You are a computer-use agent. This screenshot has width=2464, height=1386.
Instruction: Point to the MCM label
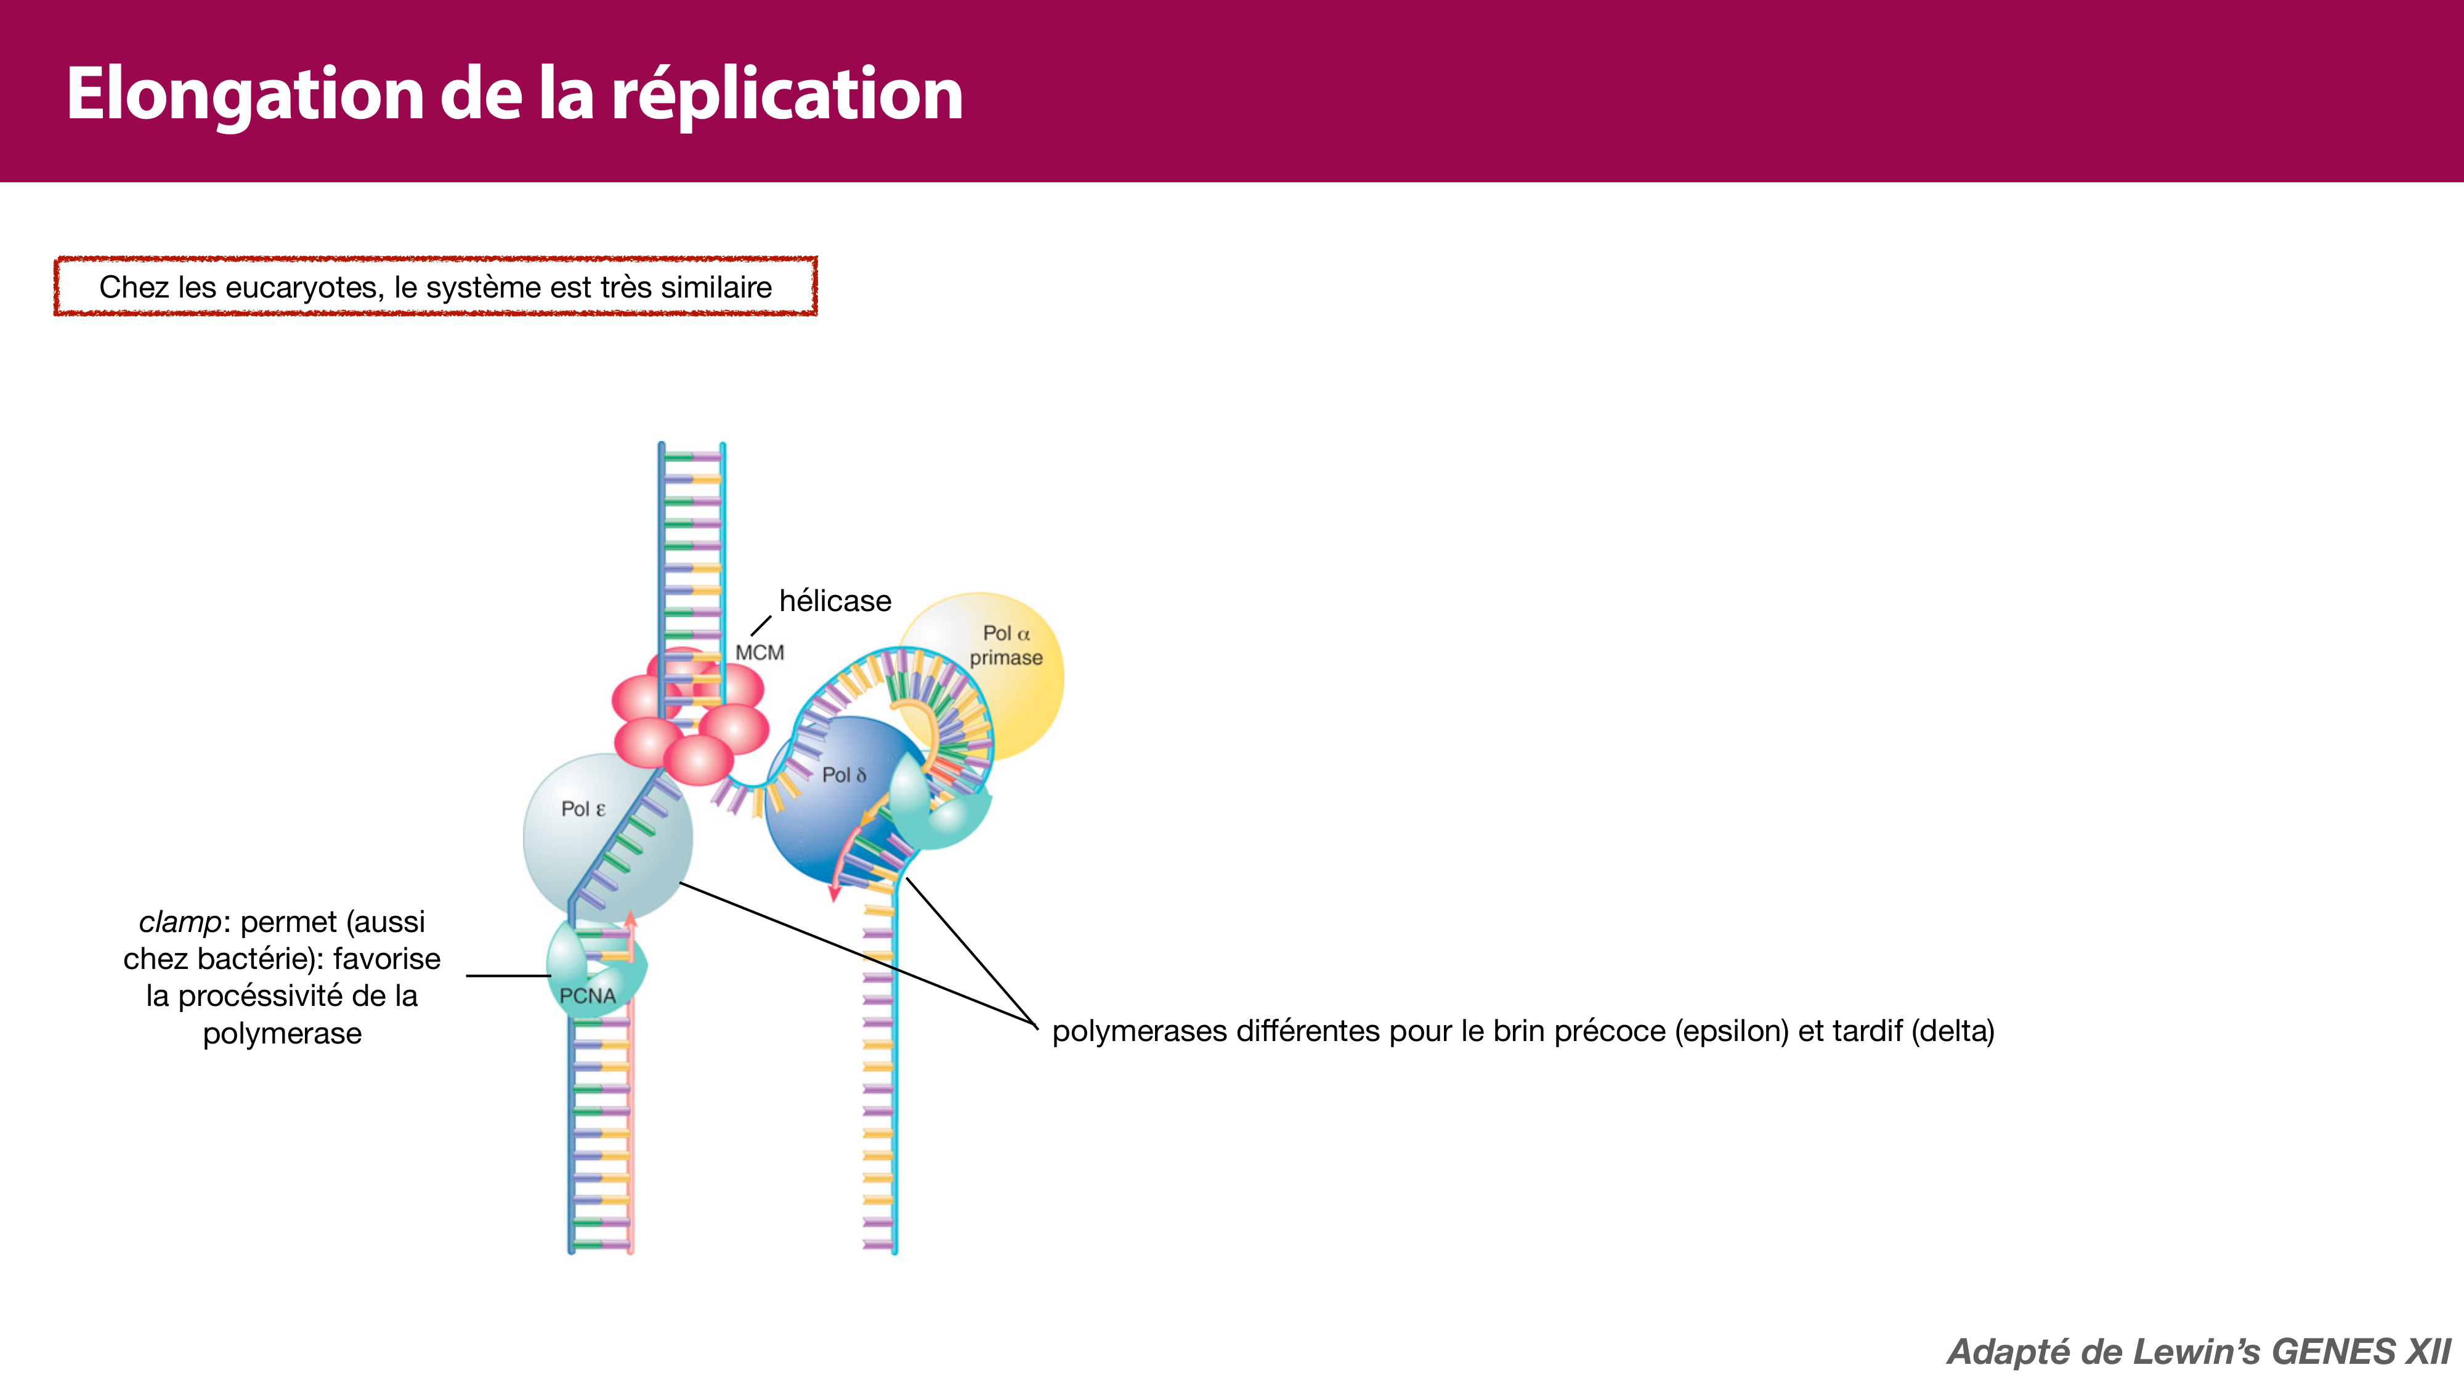click(760, 652)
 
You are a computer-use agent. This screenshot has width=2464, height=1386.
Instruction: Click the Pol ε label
click(583, 809)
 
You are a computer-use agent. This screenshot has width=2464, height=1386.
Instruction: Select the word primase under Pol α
click(1005, 658)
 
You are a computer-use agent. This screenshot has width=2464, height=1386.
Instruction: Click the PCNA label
click(587, 995)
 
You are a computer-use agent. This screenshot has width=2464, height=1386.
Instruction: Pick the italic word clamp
click(180, 922)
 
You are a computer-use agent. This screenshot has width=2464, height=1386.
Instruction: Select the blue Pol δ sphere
click(813, 822)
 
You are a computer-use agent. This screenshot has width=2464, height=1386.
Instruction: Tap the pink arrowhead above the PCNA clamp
click(630, 920)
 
